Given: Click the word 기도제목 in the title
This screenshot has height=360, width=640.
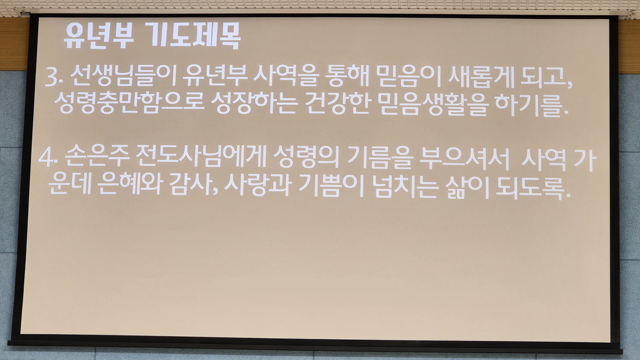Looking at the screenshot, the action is [x=193, y=36].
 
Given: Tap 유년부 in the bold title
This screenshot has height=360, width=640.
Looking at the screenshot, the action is [x=99, y=36].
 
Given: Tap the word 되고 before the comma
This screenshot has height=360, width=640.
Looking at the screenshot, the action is [x=543, y=77].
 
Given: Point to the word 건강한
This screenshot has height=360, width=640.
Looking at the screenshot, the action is [x=337, y=103].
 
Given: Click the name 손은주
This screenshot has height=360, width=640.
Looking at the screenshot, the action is [x=97, y=157].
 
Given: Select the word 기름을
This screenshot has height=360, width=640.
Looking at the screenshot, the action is [x=379, y=157].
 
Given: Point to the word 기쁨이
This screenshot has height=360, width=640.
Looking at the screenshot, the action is [x=331, y=186].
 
